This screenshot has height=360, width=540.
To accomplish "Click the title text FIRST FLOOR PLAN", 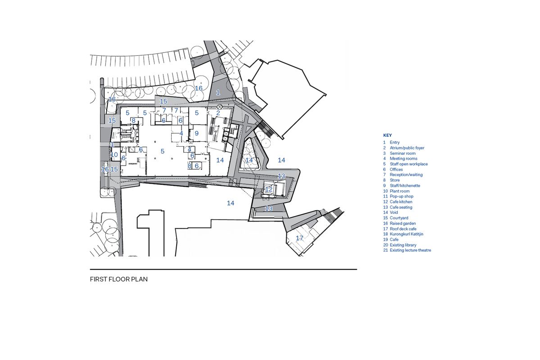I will pos(119,279).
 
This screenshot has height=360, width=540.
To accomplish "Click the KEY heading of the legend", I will pos(387,135).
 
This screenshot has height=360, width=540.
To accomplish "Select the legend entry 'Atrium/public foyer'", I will pos(407,148).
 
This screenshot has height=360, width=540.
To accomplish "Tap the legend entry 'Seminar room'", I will pos(402,153).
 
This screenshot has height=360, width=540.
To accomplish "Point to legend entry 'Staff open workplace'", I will pos(408,164).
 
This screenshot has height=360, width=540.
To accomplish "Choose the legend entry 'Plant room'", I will pos(399,191).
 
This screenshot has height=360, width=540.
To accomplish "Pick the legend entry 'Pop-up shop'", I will pos(401,196).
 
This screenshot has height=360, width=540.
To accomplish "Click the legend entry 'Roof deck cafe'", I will pos(403,229).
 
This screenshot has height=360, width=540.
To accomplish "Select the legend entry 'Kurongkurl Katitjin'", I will pos(406,234).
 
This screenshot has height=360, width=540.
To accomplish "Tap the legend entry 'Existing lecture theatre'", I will pos(410,250).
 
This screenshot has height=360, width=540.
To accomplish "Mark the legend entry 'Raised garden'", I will pos(403,223).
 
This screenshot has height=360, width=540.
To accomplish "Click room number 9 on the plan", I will pos(197,134).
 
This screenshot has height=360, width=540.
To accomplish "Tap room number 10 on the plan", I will pos(114,155).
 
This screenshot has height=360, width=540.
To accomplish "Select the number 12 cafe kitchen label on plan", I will pos(268,189).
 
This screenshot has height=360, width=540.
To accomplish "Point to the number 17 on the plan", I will pos(299,238).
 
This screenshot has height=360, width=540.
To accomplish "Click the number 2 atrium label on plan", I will pos(218,113).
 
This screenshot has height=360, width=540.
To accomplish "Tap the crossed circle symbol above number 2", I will pos(220,106).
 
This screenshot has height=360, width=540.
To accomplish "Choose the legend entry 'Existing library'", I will pos(403,245).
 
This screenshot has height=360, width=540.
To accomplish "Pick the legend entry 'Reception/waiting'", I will pos(406,175).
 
